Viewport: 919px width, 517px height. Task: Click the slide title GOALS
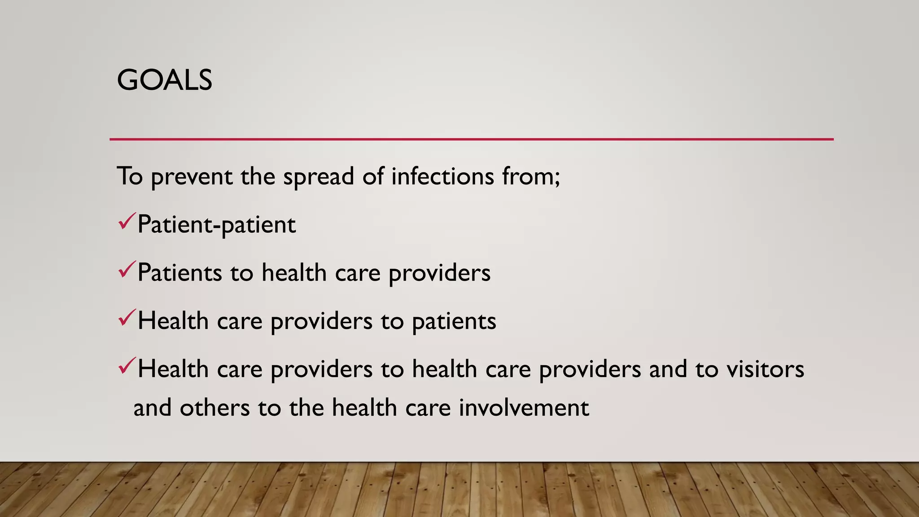click(164, 80)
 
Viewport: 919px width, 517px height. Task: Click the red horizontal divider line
click(471, 139)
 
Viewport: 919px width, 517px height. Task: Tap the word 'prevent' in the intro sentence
click(191, 176)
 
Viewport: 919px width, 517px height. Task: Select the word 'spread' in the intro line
click(318, 176)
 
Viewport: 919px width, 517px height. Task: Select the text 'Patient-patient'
click(216, 224)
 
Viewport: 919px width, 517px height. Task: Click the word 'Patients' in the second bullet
click(179, 272)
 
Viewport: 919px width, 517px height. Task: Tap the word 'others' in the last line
click(214, 407)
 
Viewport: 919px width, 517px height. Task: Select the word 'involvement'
click(524, 407)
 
